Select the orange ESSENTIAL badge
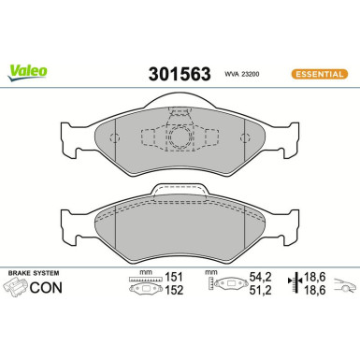[x=318, y=73]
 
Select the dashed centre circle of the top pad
[x=178, y=137]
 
